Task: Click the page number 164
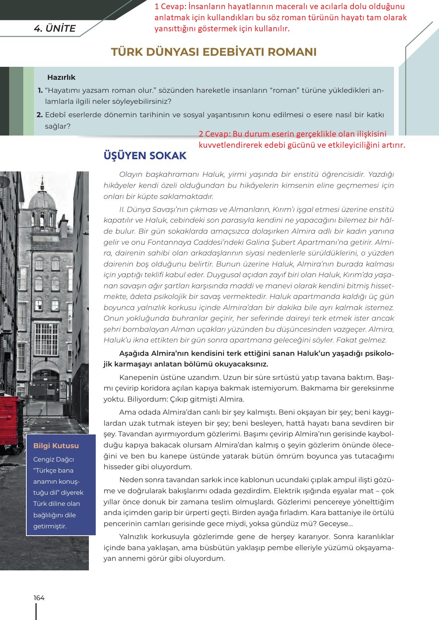point(39,597)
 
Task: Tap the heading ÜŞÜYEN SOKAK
point(145,156)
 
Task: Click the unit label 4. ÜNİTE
point(55,29)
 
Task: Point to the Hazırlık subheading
point(61,77)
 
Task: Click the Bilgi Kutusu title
point(56,446)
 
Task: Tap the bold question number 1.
point(40,90)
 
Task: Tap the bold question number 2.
point(39,115)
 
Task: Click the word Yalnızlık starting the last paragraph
point(135,536)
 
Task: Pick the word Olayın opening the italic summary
point(131,174)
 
